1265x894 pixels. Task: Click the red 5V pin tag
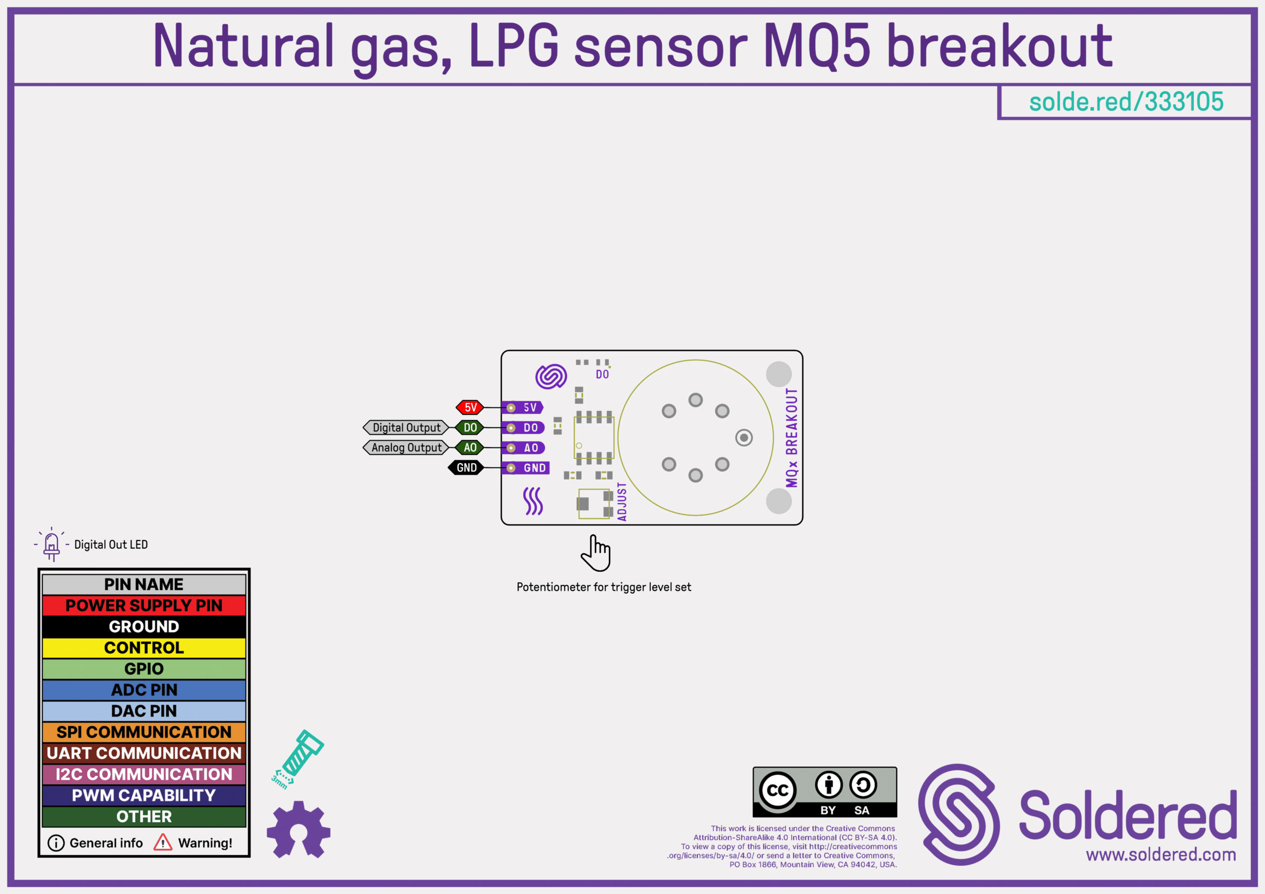point(470,407)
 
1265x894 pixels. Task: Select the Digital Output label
point(406,427)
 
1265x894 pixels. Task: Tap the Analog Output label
point(406,447)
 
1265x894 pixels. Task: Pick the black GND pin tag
point(466,468)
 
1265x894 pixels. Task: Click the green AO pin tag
point(470,447)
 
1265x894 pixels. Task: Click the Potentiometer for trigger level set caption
point(603,587)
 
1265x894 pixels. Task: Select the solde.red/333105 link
point(1126,102)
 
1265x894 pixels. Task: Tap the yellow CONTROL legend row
point(144,648)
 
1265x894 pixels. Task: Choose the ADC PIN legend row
point(144,690)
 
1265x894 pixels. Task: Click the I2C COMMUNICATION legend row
point(144,774)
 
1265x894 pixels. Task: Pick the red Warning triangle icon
point(163,842)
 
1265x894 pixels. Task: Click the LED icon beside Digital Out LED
point(51,544)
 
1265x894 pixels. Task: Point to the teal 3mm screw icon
point(298,759)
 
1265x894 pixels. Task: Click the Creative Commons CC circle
point(777,790)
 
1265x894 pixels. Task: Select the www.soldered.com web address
point(1161,854)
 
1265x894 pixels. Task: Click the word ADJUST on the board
point(622,502)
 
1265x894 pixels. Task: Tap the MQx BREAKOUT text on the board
point(792,438)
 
